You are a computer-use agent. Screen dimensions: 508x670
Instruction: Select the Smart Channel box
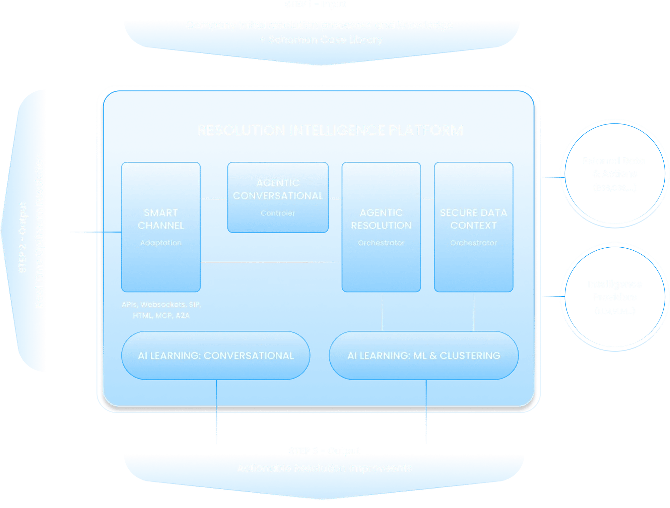coord(161,226)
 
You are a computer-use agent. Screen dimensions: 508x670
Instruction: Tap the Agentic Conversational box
coord(278,196)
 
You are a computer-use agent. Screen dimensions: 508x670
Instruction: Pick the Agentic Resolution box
coord(381,226)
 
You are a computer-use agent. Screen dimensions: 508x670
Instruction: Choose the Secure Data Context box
coord(473,226)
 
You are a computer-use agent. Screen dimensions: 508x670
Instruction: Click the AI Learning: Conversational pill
coord(216,355)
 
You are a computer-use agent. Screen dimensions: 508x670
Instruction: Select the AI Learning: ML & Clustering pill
coord(424,355)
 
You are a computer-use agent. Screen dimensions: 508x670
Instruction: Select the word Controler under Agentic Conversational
coord(278,213)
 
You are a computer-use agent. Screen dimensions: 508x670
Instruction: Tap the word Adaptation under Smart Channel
coord(161,243)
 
